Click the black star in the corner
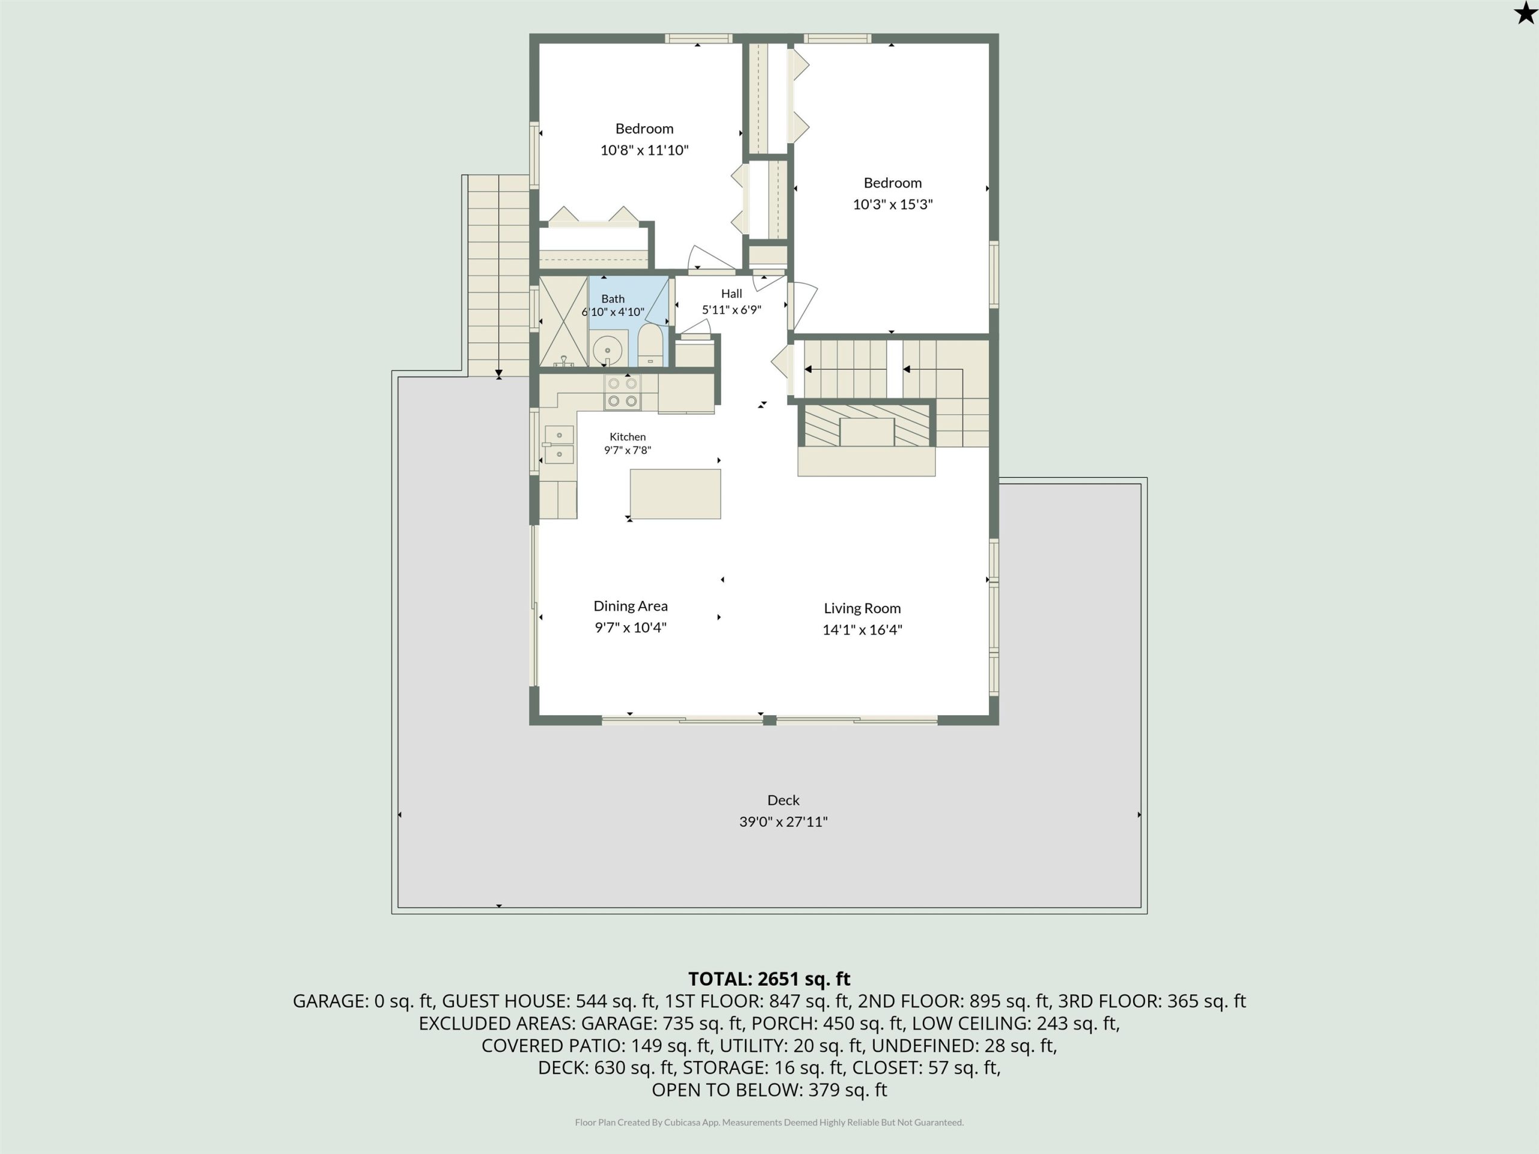pyautogui.click(x=1525, y=13)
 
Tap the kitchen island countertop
pyautogui.click(x=675, y=494)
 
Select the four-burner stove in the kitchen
pyautogui.click(x=622, y=392)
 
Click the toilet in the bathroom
pyautogui.click(x=650, y=344)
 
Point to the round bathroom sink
pyautogui.click(x=607, y=350)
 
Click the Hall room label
pyautogui.click(x=731, y=293)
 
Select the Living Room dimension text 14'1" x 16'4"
pyautogui.click(x=862, y=629)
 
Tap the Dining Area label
pyautogui.click(x=631, y=606)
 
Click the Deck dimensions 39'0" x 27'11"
pyautogui.click(x=783, y=822)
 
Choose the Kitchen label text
pyautogui.click(x=628, y=437)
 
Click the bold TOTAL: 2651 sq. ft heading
pyautogui.click(x=769, y=978)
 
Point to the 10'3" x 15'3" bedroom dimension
pyautogui.click(x=893, y=204)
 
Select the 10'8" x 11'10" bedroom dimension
pyautogui.click(x=644, y=150)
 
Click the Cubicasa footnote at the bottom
pyautogui.click(x=769, y=1122)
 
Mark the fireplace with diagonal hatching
pyautogui.click(x=866, y=424)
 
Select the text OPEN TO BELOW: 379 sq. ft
pyautogui.click(x=769, y=1089)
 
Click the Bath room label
pyautogui.click(x=613, y=298)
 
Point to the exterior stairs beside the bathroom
pyautogui.click(x=498, y=275)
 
